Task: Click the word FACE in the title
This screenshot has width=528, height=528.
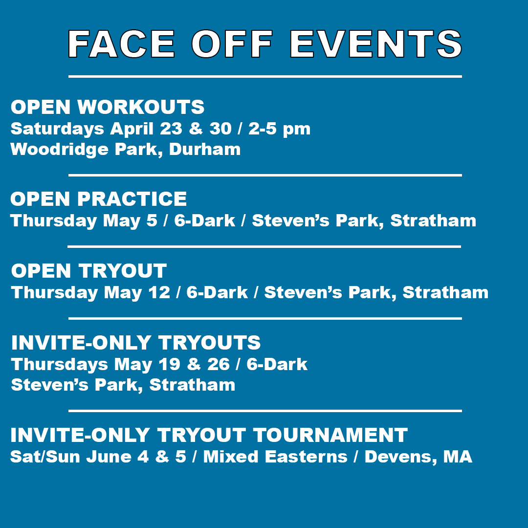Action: (x=121, y=44)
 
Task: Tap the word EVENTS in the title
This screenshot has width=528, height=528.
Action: (x=375, y=44)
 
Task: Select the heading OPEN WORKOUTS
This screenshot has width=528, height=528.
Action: (x=108, y=107)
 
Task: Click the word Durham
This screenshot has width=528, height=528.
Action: (x=205, y=149)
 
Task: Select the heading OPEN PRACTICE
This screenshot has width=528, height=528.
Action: (x=99, y=199)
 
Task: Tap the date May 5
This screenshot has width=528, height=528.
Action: (x=130, y=220)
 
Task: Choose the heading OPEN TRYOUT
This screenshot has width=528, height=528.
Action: (x=89, y=271)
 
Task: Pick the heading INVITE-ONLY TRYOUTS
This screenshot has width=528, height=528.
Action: (x=136, y=343)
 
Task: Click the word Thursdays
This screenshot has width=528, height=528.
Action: (x=60, y=364)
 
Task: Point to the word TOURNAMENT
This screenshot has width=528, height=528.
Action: (x=330, y=435)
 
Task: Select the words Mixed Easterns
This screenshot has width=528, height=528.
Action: (x=275, y=457)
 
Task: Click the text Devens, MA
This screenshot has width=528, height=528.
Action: (x=418, y=457)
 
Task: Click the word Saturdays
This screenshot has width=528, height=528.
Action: (x=57, y=129)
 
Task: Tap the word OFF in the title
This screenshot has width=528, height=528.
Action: (x=232, y=44)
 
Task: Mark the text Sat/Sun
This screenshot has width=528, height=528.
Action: (x=45, y=457)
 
